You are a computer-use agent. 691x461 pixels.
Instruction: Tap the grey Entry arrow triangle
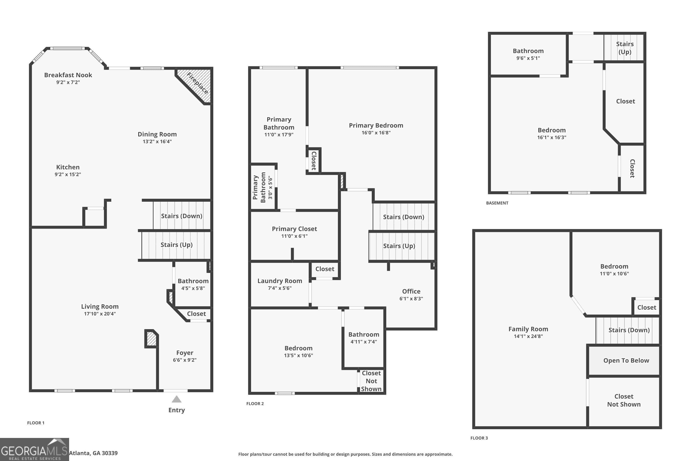coord(176,399)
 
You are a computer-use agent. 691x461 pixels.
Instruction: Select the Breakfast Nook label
coord(68,75)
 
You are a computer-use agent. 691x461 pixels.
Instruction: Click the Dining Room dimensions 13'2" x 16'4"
coord(157,142)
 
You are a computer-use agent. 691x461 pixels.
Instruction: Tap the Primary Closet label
coord(294,229)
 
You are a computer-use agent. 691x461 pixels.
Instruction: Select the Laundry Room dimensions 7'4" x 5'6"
coord(279,288)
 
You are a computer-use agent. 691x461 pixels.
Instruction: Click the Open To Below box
coord(626,361)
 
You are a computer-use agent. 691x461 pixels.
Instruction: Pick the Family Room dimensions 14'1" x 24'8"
coord(528,336)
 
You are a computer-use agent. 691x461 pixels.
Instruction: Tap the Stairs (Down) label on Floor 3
coord(629,330)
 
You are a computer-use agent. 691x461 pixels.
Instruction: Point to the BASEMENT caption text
coord(497,203)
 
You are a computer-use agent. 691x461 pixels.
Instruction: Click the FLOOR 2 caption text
coord(255,404)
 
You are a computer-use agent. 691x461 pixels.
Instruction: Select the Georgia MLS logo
coord(34,449)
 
